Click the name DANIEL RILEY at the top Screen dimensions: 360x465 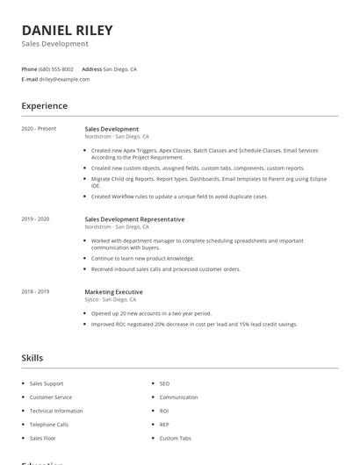67,30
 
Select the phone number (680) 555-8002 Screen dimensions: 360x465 57,68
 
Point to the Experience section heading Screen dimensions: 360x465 44,106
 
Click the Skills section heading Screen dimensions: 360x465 32,358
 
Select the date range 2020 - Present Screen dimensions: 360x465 39,129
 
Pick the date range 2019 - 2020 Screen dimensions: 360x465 35,218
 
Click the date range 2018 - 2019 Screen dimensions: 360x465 35,291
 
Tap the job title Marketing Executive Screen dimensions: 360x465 113,291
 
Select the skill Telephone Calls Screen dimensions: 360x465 50,424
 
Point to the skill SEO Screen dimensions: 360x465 164,383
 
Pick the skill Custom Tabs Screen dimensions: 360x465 175,438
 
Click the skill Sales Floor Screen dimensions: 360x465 43,438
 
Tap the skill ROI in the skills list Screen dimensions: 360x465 164,411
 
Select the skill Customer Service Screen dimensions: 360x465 52,397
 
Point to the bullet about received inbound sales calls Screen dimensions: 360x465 165,269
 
